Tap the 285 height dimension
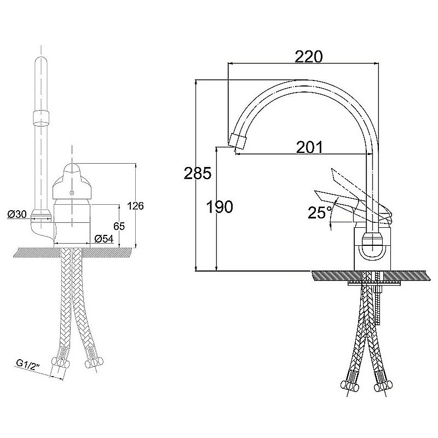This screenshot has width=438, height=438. coord(197,174)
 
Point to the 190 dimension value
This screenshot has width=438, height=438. coord(220,206)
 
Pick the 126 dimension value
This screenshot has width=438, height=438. coord(135,206)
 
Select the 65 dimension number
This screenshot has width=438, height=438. coord(119,226)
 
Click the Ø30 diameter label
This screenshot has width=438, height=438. coord(18,215)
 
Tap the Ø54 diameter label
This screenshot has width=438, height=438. coord(103,238)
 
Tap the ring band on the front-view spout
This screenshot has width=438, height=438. coord(42,117)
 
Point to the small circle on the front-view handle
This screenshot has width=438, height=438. coord(72,194)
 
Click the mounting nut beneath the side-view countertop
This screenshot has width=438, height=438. coord(376,281)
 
